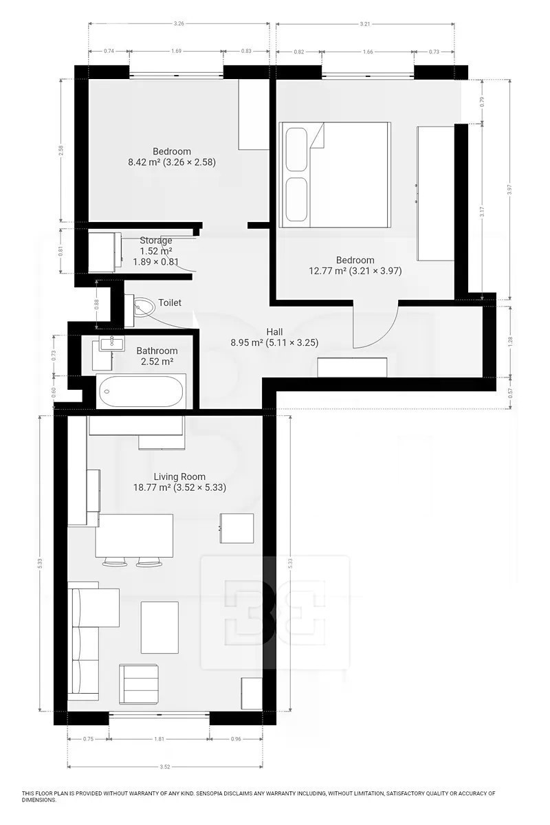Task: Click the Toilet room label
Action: click(170, 302)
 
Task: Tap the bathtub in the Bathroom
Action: click(141, 391)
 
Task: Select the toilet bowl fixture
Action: click(144, 307)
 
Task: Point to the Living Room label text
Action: click(179, 476)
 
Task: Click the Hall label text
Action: click(274, 332)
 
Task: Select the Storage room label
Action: click(156, 241)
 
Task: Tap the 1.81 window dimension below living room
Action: click(159, 738)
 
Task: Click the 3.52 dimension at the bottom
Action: click(165, 767)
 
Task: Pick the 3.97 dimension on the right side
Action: click(509, 189)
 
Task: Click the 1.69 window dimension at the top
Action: click(177, 51)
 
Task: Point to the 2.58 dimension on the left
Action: click(61, 151)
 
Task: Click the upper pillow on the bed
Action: click(296, 150)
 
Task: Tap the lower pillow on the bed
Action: click(296, 199)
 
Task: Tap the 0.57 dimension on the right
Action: click(510, 394)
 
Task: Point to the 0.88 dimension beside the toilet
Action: click(96, 304)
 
